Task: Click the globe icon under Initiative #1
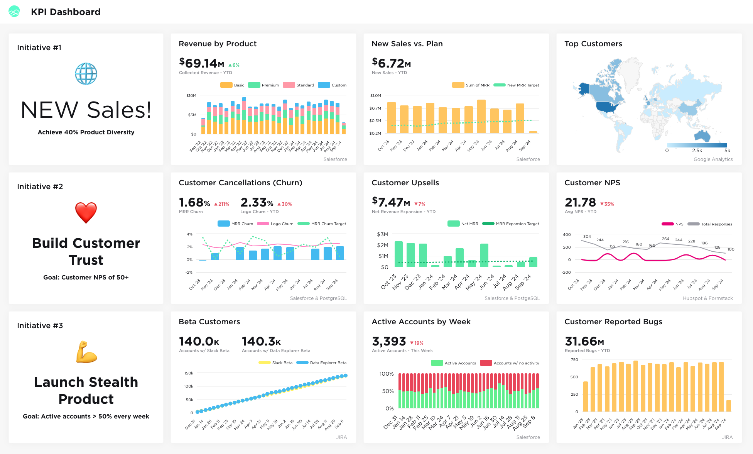click(x=86, y=74)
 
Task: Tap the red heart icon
click(x=86, y=212)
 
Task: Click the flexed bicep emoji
click(x=86, y=352)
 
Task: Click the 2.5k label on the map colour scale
click(x=697, y=151)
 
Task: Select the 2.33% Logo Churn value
click(x=257, y=203)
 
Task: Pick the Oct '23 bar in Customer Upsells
click(x=398, y=254)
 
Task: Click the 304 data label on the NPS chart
click(x=587, y=236)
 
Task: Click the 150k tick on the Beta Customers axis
click(x=189, y=373)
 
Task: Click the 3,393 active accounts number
click(x=389, y=342)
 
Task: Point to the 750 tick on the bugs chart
click(x=574, y=360)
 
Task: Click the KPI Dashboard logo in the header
click(x=14, y=12)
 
